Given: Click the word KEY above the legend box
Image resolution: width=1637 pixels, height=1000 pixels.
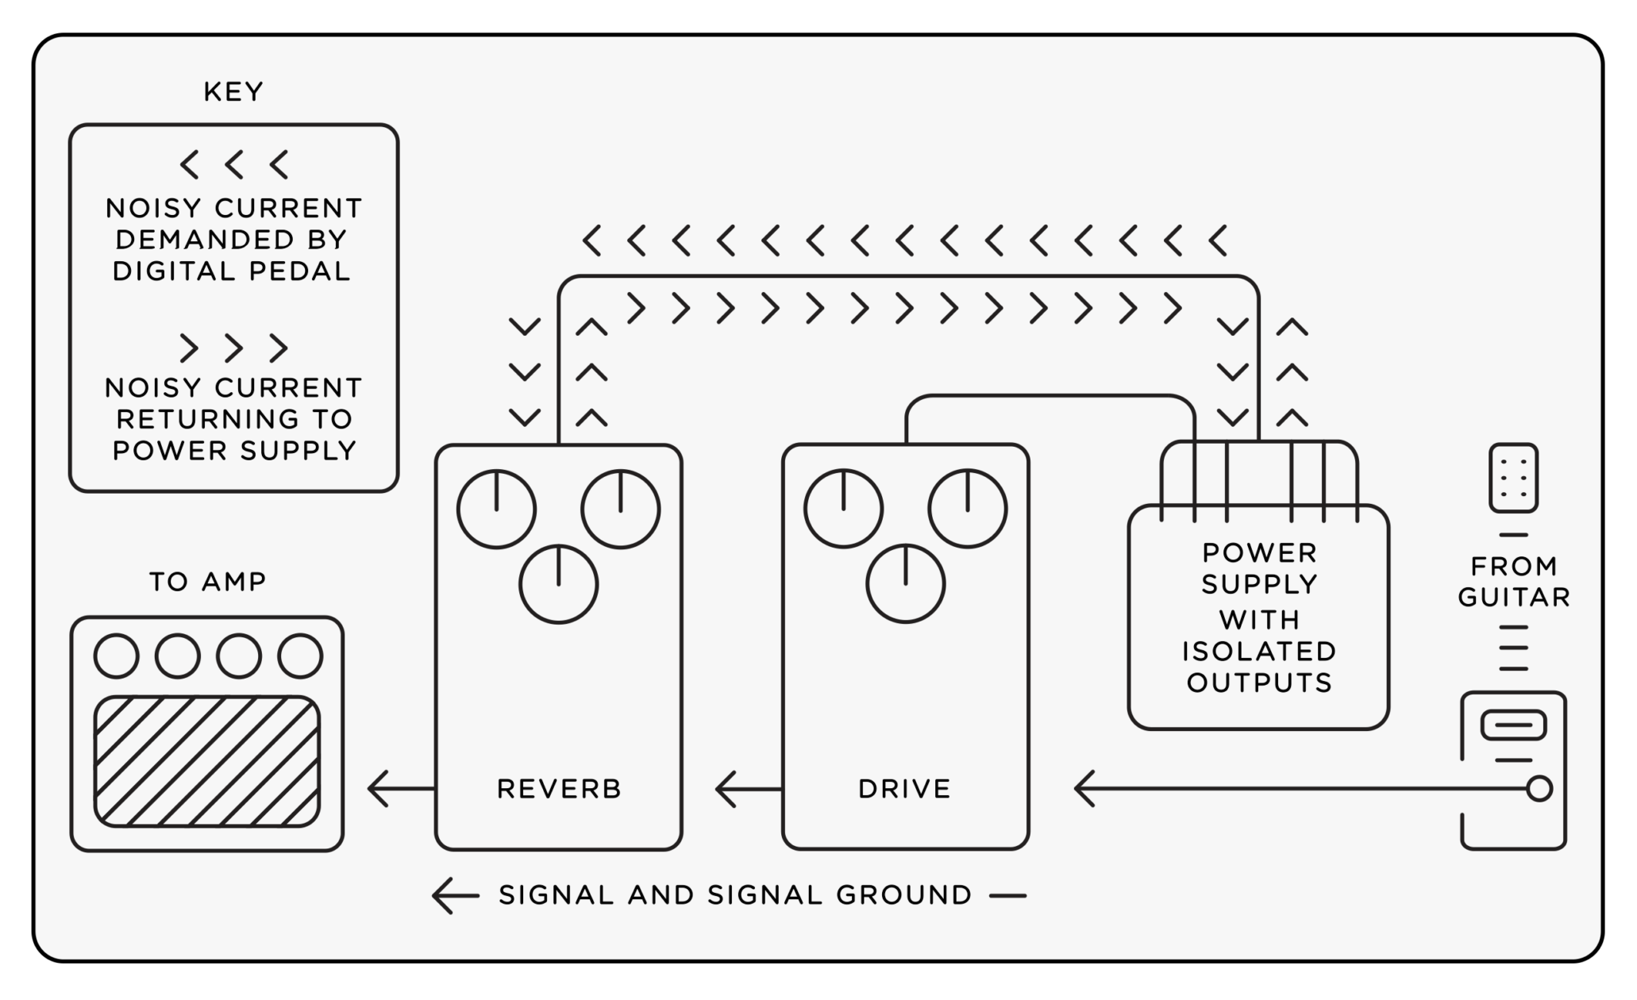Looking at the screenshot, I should tap(233, 92).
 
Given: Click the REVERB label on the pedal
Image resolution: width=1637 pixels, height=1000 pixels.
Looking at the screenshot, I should tap(559, 789).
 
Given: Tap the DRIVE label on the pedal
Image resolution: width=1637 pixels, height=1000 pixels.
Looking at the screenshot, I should tap(904, 789).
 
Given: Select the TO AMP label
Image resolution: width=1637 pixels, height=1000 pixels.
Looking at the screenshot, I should tap(208, 582).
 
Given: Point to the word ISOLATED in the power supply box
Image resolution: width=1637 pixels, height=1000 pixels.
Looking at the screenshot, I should tap(1259, 652).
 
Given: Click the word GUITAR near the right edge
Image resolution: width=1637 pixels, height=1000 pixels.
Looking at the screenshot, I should tap(1514, 597).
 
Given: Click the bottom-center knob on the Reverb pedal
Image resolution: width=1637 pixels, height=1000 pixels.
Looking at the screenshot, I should tap(559, 585).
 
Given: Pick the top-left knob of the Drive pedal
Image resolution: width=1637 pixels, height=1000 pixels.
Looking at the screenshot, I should tap(843, 509).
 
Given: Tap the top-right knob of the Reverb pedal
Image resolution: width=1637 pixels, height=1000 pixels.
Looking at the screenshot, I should tap(621, 509).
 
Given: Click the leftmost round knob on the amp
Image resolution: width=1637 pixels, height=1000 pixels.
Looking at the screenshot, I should tap(117, 656).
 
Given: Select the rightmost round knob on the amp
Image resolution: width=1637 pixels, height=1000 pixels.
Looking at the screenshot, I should tap(300, 656).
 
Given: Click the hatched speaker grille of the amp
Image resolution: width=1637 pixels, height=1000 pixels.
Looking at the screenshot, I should tap(207, 761).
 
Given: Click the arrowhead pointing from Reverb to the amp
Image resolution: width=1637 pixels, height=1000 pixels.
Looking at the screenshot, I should tap(378, 789).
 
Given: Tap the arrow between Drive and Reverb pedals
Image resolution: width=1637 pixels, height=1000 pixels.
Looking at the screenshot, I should tap(726, 789).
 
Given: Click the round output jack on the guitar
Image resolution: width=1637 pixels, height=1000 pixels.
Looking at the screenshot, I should tap(1539, 789).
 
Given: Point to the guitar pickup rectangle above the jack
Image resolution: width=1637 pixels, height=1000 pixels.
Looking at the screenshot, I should tap(1513, 725).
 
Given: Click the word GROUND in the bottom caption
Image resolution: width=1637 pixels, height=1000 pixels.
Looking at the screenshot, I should tap(904, 895).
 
